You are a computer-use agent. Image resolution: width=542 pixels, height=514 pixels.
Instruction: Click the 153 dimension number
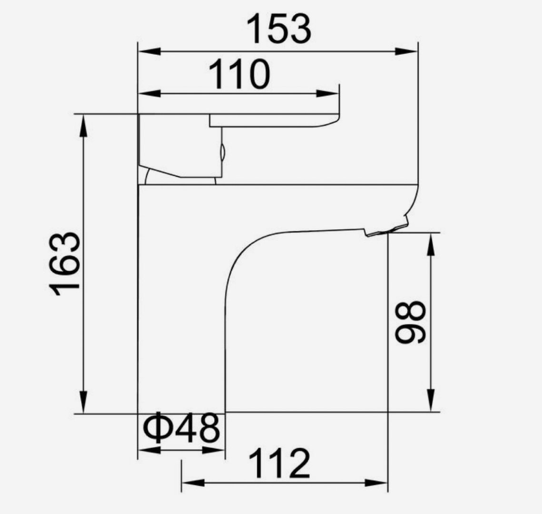pyautogui.click(x=279, y=29)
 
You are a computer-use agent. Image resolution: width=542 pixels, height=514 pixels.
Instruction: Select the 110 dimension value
pyautogui.click(x=239, y=74)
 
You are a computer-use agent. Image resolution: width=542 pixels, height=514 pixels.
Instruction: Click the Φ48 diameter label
pyautogui.click(x=181, y=427)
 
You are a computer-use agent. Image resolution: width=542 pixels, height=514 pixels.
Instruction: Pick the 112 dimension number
pyautogui.click(x=279, y=464)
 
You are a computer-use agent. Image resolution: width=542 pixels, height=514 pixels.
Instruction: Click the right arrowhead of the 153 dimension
pyautogui.click(x=406, y=51)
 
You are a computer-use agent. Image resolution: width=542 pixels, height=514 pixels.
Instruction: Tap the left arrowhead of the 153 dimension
pyautogui.click(x=149, y=51)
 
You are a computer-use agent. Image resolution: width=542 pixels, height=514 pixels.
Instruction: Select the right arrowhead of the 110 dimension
pyautogui.click(x=328, y=93)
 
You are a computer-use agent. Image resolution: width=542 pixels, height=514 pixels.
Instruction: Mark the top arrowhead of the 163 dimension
pyautogui.click(x=83, y=126)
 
